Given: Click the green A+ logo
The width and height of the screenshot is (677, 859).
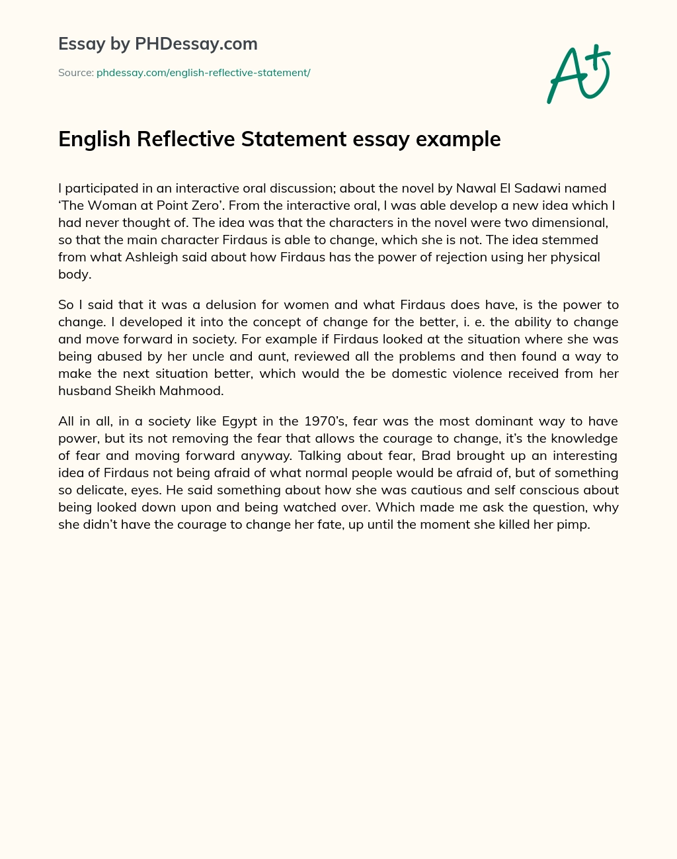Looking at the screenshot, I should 578,74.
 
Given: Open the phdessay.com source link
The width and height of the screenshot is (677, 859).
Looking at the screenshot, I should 204,73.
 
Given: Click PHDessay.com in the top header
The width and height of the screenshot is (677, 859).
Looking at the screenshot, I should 196,44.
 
